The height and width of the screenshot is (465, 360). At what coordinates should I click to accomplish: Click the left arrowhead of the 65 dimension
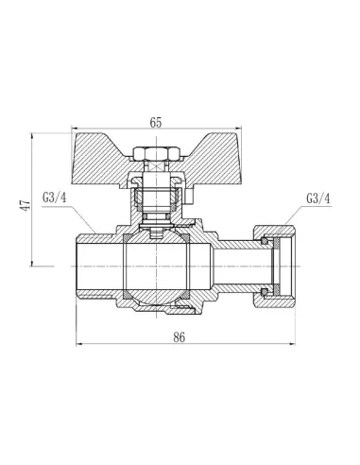click(x=75, y=130)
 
